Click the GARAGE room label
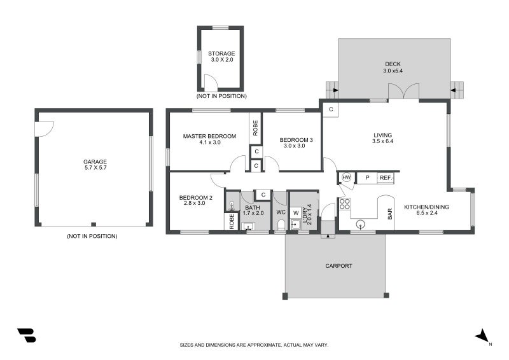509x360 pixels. coord(94,162)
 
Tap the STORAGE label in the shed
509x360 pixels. coord(221,53)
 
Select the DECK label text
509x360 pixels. coord(393,64)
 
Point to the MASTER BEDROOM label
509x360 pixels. coord(209,136)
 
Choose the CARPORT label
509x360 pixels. coord(338,266)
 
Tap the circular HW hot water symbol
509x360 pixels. coord(347,177)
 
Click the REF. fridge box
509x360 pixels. coord(386,178)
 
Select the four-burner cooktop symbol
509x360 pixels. coord(345,204)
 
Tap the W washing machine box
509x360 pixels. coord(296,212)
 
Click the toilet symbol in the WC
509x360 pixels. coord(281,224)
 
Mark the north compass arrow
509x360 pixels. coord(482,335)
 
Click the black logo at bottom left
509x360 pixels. coord(26,335)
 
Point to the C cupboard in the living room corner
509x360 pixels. coord(331,109)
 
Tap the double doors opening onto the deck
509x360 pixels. coord(404,92)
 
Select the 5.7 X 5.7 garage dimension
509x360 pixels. coord(94,169)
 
